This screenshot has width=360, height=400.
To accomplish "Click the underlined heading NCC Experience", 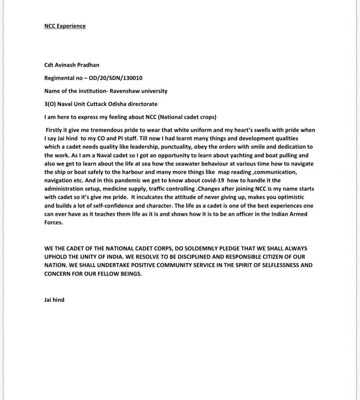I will [65, 26].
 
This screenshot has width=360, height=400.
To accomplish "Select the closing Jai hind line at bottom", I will [54, 301].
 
